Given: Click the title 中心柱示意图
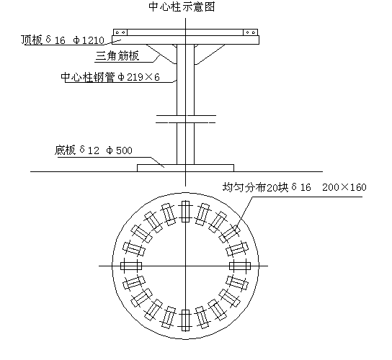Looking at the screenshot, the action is pyautogui.click(x=182, y=6).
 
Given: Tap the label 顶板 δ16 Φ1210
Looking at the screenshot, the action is pyautogui.click(x=63, y=40).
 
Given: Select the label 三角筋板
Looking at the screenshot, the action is pyautogui.click(x=117, y=55).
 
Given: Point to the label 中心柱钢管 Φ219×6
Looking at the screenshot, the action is pyautogui.click(x=110, y=77).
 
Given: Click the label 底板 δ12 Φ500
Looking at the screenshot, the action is pyautogui.click(x=93, y=150).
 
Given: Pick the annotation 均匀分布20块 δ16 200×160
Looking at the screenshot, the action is pyautogui.click(x=295, y=187).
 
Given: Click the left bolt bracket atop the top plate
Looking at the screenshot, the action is pyautogui.click(x=120, y=32).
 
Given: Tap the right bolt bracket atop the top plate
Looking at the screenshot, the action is pyautogui.click(x=251, y=32).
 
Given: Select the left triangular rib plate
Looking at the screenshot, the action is pyautogui.click(x=161, y=54).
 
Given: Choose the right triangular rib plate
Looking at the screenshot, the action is pyautogui.click(x=209, y=54).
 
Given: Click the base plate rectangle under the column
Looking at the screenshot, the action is pyautogui.click(x=185, y=168).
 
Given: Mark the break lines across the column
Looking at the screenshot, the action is pyautogui.click(x=185, y=120).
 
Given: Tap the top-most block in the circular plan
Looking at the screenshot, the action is pyautogui.click(x=185, y=212).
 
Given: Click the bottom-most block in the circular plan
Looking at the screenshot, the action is pyautogui.click(x=185, y=320).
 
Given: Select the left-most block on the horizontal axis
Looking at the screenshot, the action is pyautogui.click(x=131, y=266).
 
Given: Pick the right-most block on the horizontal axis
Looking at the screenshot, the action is pyautogui.click(x=240, y=266).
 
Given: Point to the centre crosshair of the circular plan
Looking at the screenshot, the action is pyautogui.click(x=185, y=266).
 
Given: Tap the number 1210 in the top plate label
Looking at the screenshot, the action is pyautogui.click(x=93, y=40).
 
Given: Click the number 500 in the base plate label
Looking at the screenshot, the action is pyautogui.click(x=124, y=150).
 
